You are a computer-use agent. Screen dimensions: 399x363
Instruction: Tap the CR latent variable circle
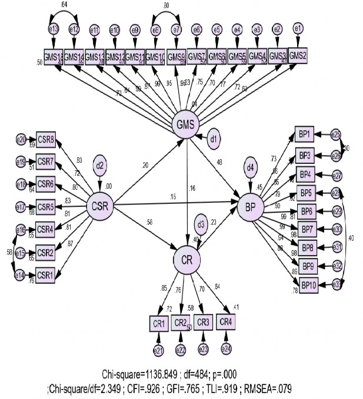point(187,258)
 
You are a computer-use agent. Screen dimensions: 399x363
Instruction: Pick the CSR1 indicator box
point(46,274)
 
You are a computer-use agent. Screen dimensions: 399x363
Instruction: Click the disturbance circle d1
point(215,139)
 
